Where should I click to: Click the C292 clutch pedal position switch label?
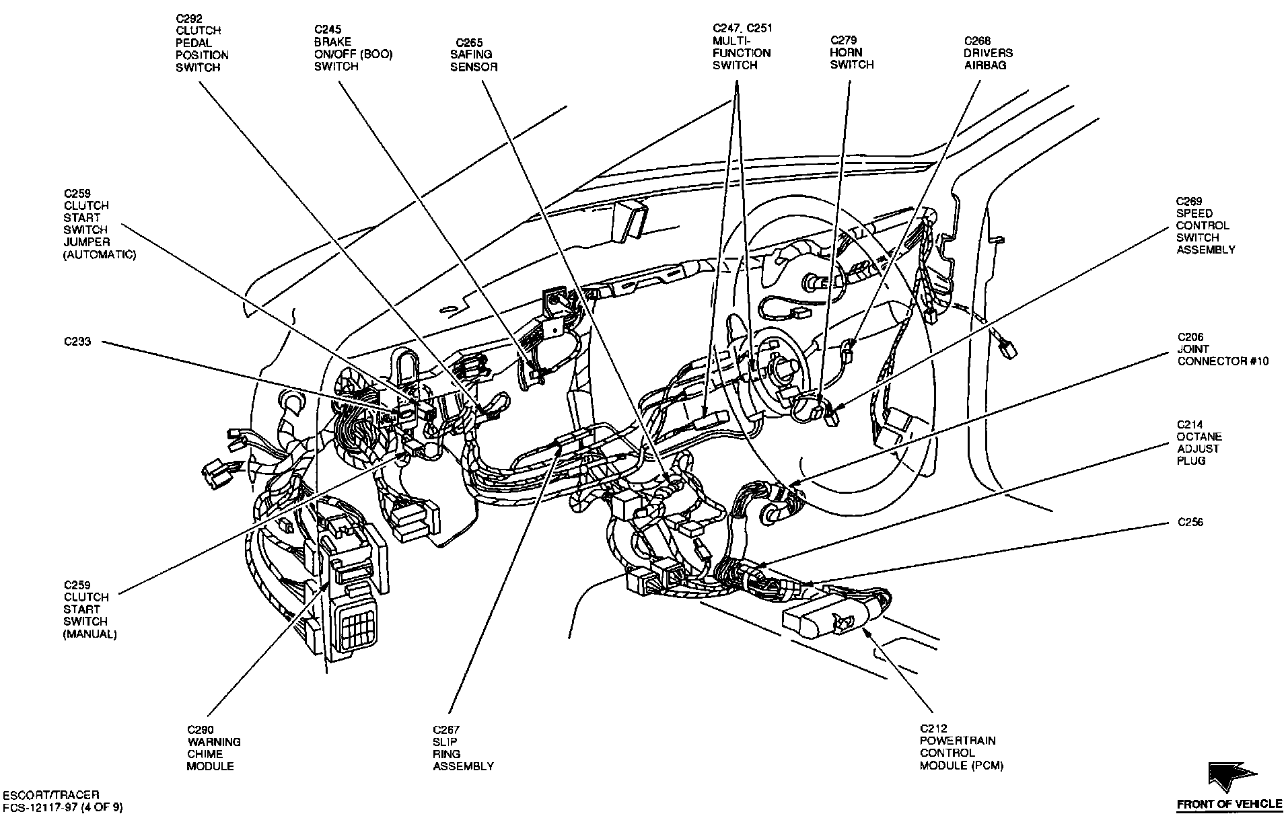[202, 43]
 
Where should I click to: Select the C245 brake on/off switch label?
[353, 48]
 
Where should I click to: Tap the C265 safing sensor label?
[474, 54]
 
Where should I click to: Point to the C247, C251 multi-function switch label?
[742, 46]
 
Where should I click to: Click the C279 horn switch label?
[851, 52]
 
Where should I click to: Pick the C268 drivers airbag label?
[988, 53]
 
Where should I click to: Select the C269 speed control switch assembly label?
[1205, 225]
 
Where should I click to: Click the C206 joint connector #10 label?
[1222, 349]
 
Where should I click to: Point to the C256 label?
[1190, 522]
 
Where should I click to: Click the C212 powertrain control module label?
[961, 747]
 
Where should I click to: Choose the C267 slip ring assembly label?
[463, 747]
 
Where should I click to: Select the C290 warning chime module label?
[214, 747]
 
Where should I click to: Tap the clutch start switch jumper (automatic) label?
[100, 224]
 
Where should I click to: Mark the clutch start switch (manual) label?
[90, 609]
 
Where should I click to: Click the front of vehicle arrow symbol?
[1231, 777]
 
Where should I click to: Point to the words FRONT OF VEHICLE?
[1229, 805]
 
